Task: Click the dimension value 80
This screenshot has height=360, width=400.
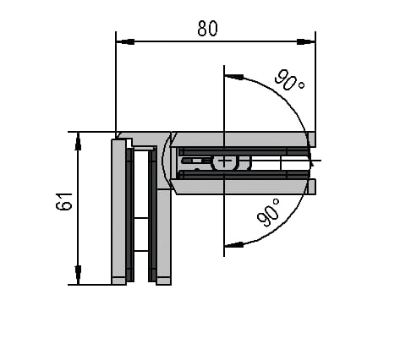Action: [x=208, y=28]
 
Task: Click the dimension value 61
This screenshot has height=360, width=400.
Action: [x=64, y=201]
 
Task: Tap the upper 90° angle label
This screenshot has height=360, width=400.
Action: [x=289, y=80]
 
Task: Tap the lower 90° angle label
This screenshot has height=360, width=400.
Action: [x=268, y=213]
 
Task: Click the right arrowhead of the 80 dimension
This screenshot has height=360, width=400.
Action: [x=306, y=41]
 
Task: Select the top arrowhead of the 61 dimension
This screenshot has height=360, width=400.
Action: [x=78, y=141]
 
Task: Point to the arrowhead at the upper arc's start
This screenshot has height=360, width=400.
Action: [x=233, y=77]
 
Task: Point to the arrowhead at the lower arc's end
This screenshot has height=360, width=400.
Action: [x=233, y=245]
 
